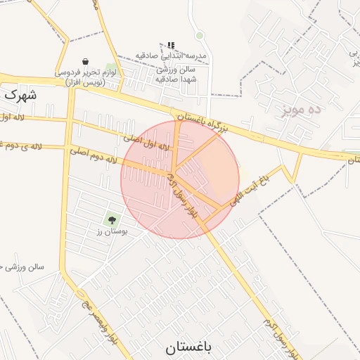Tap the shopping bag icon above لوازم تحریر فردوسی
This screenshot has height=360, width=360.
pos(85,61)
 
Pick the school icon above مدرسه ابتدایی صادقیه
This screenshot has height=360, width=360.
pos(170,44)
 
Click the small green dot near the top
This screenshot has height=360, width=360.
pos(200,35)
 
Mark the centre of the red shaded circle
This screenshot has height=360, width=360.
pos(180,179)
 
